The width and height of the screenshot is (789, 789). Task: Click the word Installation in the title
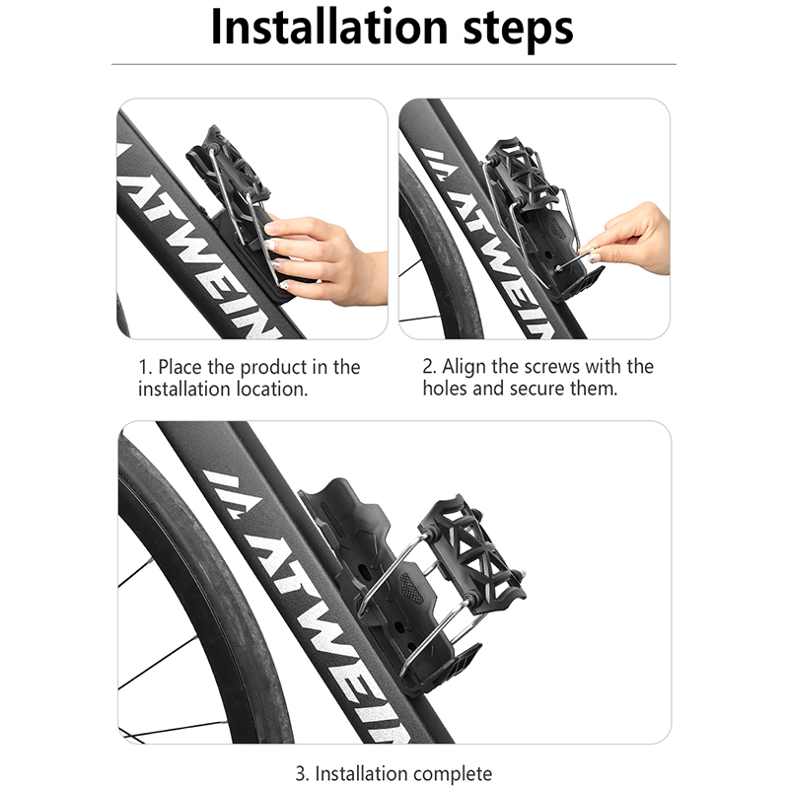[329, 28]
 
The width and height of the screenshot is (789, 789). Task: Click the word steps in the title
[519, 31]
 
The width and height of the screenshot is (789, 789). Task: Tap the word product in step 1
[274, 368]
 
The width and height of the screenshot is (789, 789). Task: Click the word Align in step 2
[465, 367]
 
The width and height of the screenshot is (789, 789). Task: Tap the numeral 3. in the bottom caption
[302, 773]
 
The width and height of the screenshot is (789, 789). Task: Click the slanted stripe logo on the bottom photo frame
[233, 494]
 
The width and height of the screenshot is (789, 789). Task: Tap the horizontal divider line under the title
[394, 64]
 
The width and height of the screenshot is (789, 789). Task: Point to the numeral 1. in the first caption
[145, 368]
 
